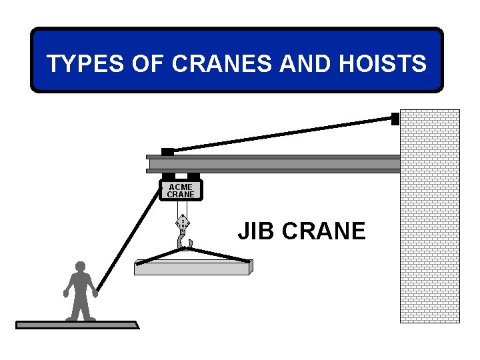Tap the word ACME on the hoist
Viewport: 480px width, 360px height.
click(x=180, y=187)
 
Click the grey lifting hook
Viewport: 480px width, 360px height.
click(x=183, y=239)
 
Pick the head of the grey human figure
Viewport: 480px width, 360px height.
click(x=81, y=267)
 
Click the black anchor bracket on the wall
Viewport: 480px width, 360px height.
click(x=395, y=119)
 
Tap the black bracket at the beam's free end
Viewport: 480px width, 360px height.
click(x=167, y=152)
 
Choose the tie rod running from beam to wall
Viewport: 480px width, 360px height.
click(x=280, y=135)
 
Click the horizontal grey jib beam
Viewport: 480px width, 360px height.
click(x=273, y=164)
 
